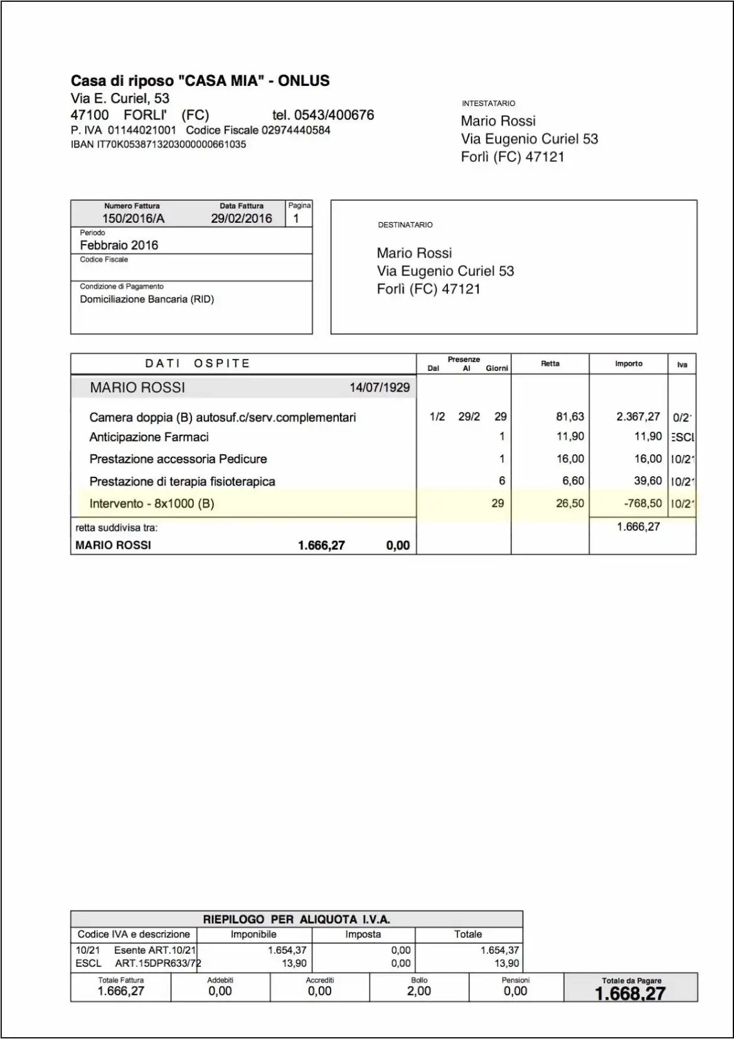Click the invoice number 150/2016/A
click(x=133, y=218)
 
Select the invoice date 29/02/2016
click(x=242, y=218)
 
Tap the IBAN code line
click(x=158, y=144)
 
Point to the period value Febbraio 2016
click(x=119, y=245)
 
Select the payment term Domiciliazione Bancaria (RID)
click(x=147, y=299)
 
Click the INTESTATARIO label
click(x=488, y=104)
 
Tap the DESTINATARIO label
click(x=405, y=225)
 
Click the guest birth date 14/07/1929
click(x=380, y=388)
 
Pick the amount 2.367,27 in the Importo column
click(x=638, y=417)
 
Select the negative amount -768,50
click(x=643, y=503)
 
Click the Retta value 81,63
click(x=570, y=417)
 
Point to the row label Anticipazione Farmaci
click(x=149, y=437)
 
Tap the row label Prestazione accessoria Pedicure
click(x=178, y=459)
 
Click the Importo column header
click(x=629, y=364)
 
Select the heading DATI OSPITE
click(x=198, y=363)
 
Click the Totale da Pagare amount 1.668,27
click(x=630, y=994)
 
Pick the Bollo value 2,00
click(x=419, y=991)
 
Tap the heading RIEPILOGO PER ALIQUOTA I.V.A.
click(x=296, y=919)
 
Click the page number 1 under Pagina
click(x=296, y=218)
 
